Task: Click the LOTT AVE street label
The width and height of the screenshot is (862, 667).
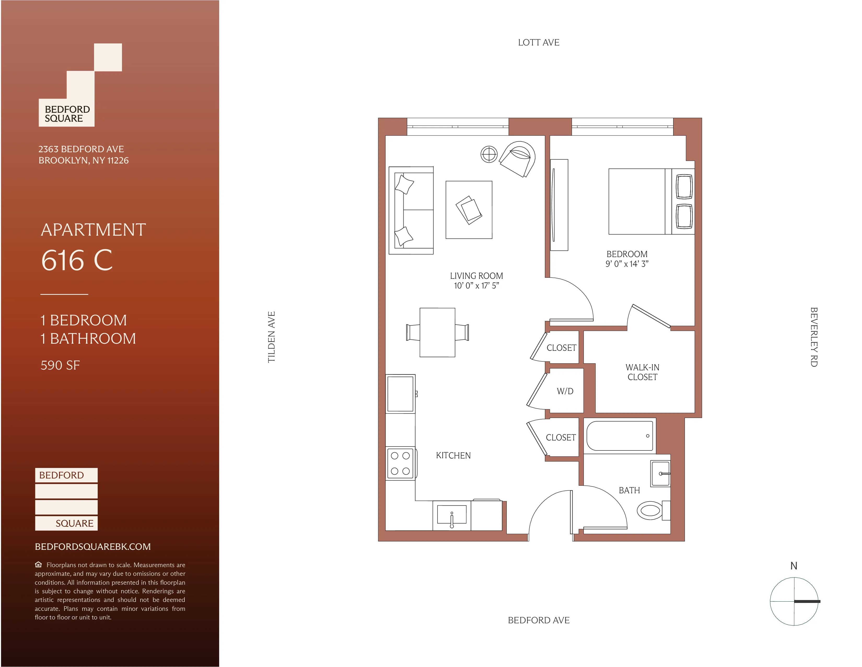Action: [x=538, y=43]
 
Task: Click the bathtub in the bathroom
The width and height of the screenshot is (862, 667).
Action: [x=619, y=436]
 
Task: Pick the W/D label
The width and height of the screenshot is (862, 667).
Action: [x=565, y=391]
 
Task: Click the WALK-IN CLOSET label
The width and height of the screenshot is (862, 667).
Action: [x=642, y=372]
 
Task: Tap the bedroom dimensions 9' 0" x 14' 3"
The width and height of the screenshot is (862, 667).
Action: [x=627, y=264]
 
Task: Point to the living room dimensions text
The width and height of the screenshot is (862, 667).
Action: [x=476, y=286]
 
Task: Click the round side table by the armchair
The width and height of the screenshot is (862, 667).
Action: [x=489, y=154]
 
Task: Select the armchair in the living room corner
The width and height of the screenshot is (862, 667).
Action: [x=517, y=159]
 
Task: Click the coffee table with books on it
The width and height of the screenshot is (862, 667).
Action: [x=469, y=210]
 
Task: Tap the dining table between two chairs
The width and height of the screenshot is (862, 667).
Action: [x=437, y=332]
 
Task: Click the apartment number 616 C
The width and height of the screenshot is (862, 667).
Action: [x=77, y=261]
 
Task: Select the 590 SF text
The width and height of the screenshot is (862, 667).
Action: [x=60, y=365]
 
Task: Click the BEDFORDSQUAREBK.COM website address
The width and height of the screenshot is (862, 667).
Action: [x=93, y=546]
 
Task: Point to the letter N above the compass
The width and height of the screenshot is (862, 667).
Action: [x=794, y=566]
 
